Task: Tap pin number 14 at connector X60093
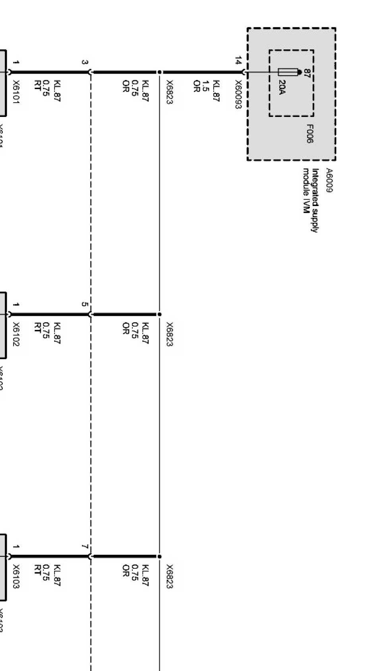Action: click(238, 61)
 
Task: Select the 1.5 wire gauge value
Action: click(206, 86)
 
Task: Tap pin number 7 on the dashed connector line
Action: click(85, 547)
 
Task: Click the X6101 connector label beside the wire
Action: click(16, 92)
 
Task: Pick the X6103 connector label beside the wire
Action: click(16, 577)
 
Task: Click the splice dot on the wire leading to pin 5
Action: click(159, 314)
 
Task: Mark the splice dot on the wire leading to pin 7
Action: click(159, 556)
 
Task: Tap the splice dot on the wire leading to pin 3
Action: click(159, 72)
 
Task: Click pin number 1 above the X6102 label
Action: click(16, 305)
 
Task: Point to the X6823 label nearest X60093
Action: click(170, 92)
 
